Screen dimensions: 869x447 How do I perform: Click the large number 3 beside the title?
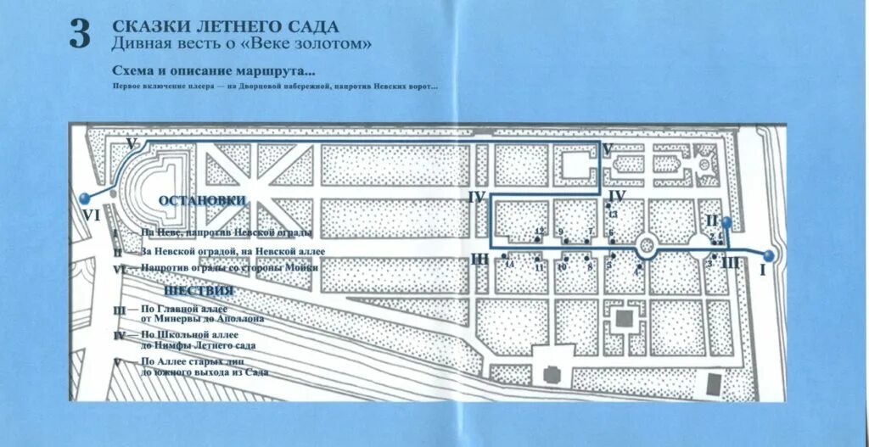pos(79,35)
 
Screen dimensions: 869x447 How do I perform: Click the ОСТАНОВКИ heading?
pos(202,200)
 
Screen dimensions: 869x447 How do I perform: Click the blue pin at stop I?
pos(768,255)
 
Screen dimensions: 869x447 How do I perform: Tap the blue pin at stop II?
pos(726,222)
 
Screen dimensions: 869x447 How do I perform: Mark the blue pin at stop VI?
pos(83,198)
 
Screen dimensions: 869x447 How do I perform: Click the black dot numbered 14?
pos(504,255)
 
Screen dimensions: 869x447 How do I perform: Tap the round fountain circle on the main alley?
pos(648,247)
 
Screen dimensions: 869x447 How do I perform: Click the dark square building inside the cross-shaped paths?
pos(625,318)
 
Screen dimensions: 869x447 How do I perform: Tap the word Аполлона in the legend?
pos(240,320)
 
